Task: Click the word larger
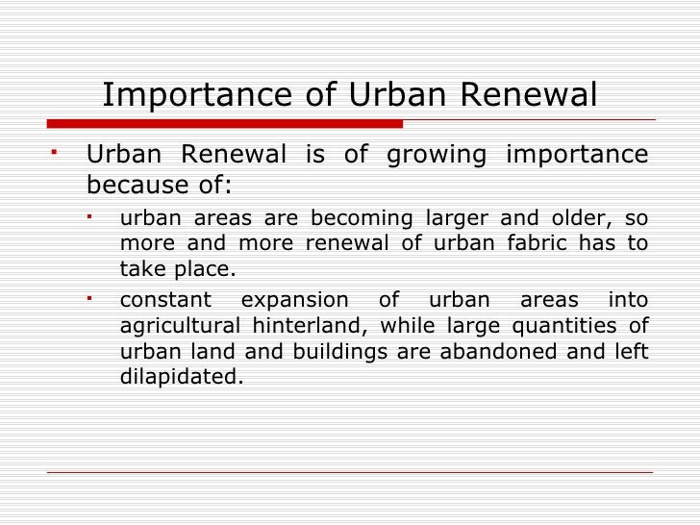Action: pyautogui.click(x=465, y=217)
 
